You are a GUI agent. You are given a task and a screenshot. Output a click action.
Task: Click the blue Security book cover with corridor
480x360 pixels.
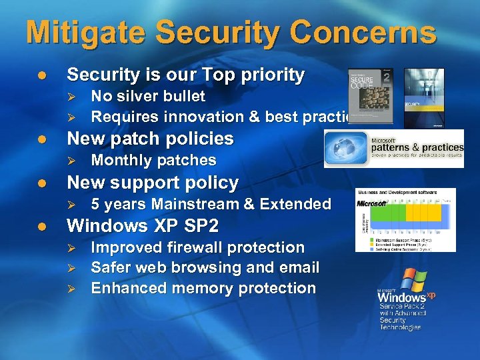(x=424, y=97)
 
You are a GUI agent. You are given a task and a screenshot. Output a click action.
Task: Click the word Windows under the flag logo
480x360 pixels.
(x=403, y=297)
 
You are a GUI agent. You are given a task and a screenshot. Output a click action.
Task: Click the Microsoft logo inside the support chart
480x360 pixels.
(x=372, y=203)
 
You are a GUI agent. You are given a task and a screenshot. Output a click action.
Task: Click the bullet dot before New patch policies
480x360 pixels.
(x=42, y=139)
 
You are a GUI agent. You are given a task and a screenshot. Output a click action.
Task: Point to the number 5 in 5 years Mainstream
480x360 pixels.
(x=95, y=204)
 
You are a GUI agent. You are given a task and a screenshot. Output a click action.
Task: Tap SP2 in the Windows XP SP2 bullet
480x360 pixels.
(x=199, y=225)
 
